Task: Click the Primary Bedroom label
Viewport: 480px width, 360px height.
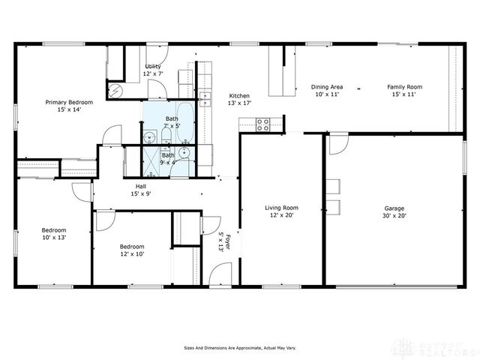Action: click(x=69, y=102)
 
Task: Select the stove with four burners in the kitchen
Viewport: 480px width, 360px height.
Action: click(x=263, y=124)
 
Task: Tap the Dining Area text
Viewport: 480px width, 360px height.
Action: click(x=326, y=87)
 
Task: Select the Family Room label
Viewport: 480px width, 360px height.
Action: click(x=405, y=87)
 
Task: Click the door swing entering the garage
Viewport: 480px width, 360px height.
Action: click(x=338, y=142)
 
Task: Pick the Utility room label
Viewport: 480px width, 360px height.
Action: click(x=153, y=67)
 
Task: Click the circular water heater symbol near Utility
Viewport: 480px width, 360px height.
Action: click(x=115, y=89)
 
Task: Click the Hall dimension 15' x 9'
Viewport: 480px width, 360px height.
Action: click(x=140, y=193)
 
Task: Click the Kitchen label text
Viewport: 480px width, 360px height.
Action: click(x=239, y=96)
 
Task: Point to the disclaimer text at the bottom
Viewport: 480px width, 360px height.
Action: click(x=239, y=347)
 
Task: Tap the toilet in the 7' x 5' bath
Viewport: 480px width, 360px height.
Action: click(x=150, y=136)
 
